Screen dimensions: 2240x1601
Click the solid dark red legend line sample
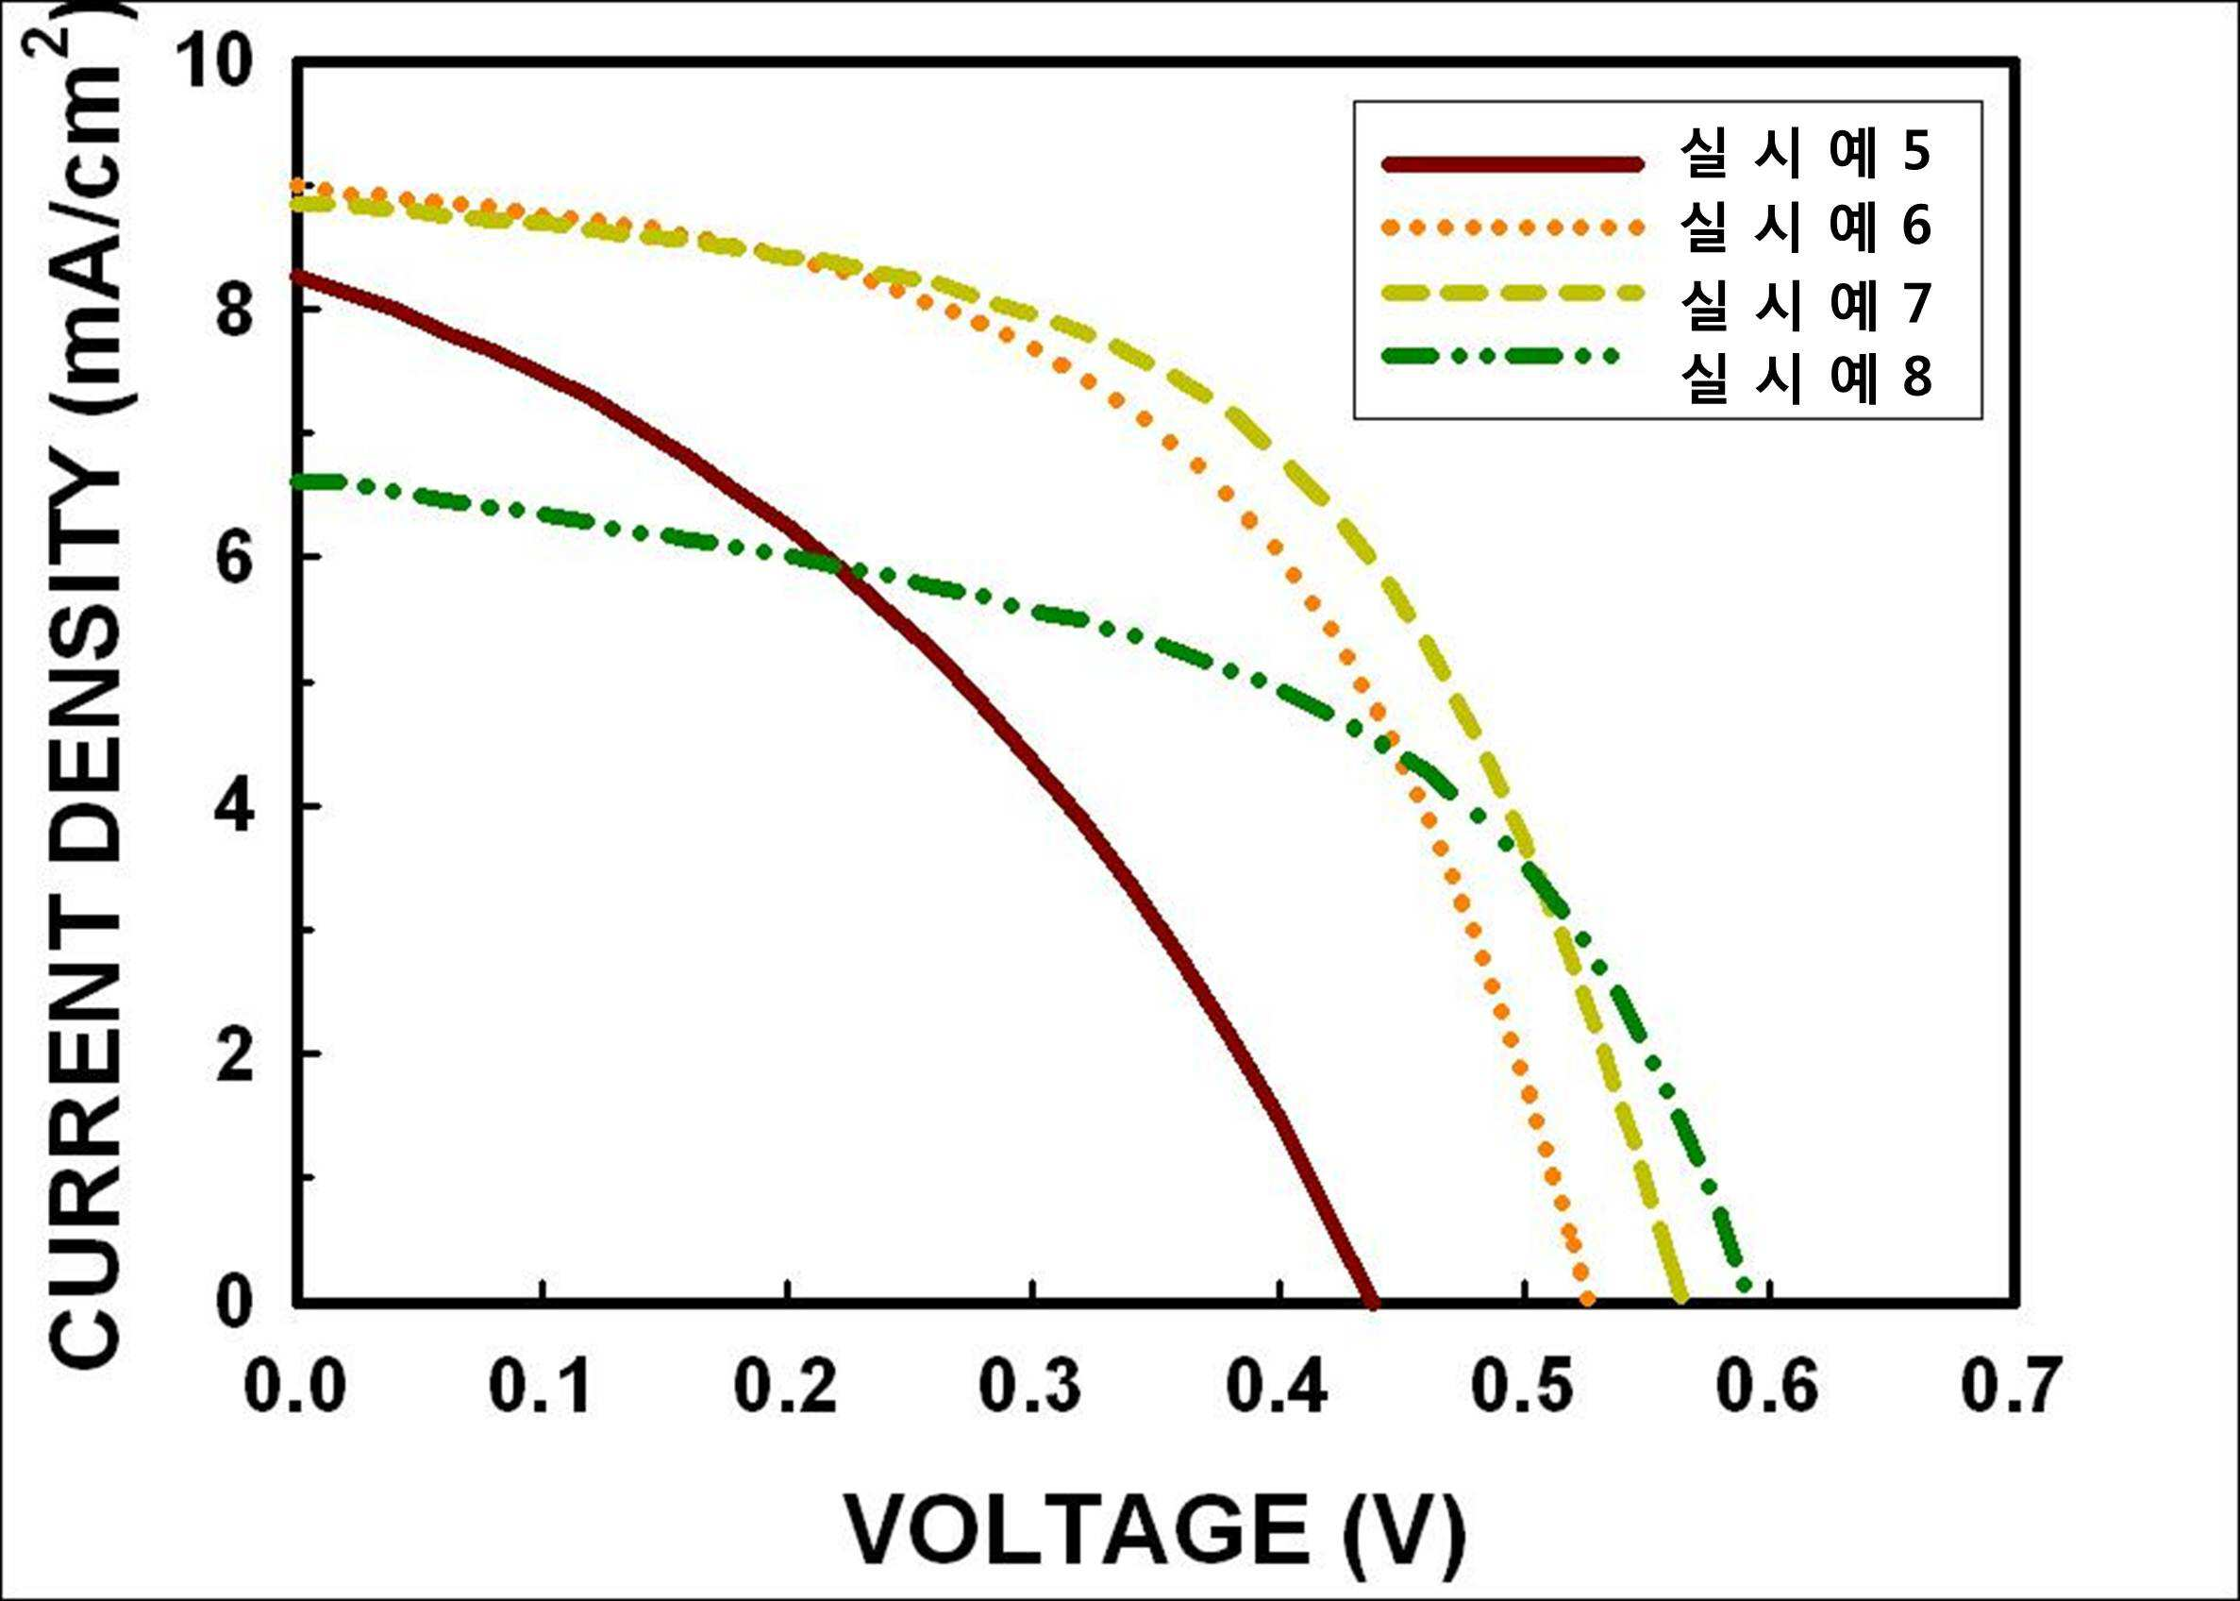(x=1513, y=163)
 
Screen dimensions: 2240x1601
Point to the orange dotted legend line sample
(x=1513, y=228)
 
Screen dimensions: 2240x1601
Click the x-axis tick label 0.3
(x=1030, y=1389)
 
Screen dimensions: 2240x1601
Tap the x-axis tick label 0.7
(x=2011, y=1389)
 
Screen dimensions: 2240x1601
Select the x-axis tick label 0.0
(x=294, y=1389)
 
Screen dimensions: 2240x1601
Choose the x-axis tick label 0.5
(x=1523, y=1389)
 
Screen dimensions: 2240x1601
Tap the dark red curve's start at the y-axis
(x=297, y=275)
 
